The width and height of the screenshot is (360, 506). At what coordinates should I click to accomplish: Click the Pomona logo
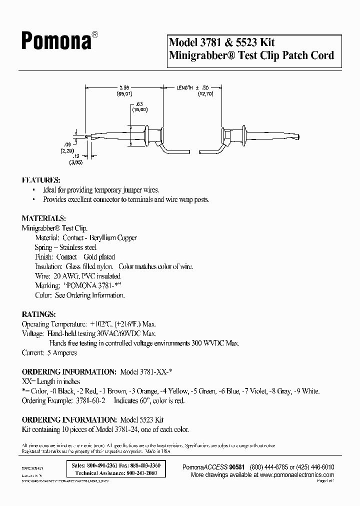click(56, 41)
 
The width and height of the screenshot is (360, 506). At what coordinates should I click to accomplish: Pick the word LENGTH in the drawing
click(183, 87)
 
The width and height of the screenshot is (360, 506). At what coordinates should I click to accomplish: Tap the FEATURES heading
click(41, 180)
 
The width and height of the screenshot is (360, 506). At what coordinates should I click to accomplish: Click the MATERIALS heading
click(44, 218)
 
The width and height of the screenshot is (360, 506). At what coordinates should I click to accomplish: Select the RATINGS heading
click(38, 314)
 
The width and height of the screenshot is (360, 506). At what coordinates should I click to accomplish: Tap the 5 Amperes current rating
click(62, 352)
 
